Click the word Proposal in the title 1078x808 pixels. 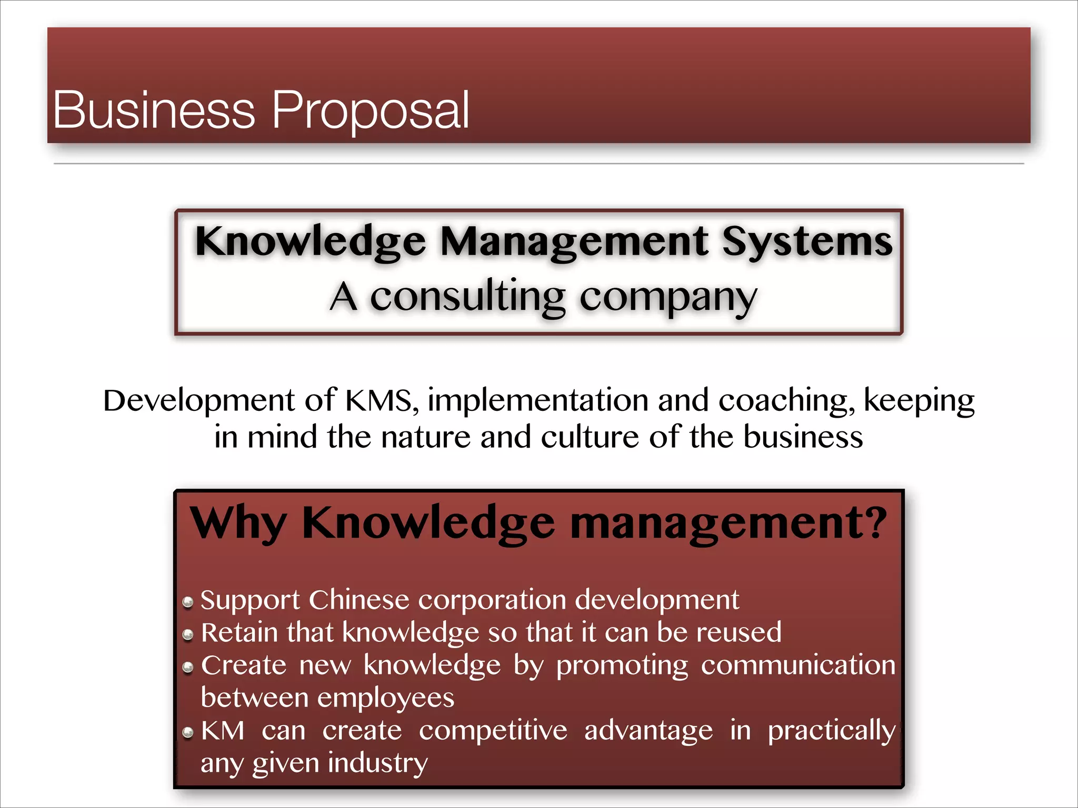point(370,110)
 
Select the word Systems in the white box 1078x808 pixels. point(807,241)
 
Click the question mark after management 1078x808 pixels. point(876,523)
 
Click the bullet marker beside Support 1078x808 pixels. point(188,602)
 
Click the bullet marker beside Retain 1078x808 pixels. point(188,635)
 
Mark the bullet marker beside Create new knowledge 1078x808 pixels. point(188,668)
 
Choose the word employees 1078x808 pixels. point(386,699)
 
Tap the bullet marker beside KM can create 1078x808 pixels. point(188,733)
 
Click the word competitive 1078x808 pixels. point(493,731)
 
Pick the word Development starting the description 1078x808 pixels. point(198,401)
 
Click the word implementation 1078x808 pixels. point(538,400)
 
